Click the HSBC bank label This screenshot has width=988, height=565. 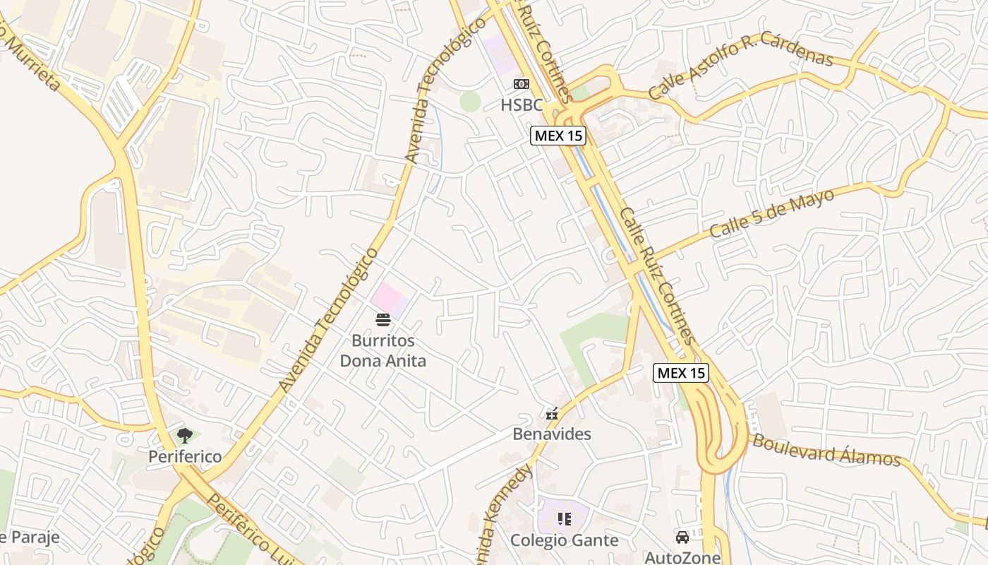[x=522, y=105]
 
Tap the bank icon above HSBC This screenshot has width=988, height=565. [x=522, y=85]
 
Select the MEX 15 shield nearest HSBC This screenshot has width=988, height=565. [x=558, y=136]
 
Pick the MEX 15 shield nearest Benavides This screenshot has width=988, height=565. [x=681, y=373]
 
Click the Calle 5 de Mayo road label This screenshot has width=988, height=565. [x=772, y=213]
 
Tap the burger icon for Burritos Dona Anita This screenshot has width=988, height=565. [x=383, y=320]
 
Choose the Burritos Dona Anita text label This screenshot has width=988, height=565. [x=383, y=351]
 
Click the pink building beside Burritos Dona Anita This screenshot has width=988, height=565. [x=389, y=299]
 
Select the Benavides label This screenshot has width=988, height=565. [x=552, y=434]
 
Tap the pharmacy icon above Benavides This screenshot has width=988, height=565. [x=552, y=413]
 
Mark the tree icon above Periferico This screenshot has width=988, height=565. [x=185, y=436]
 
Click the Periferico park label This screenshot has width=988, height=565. [x=185, y=456]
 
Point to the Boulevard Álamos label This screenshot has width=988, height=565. [x=826, y=451]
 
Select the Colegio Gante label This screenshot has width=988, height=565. [x=565, y=540]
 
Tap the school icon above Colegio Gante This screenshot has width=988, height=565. [x=564, y=520]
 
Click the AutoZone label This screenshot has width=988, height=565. [x=682, y=558]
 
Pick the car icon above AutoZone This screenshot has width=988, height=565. [x=682, y=537]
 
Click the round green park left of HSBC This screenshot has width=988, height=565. [x=470, y=102]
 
